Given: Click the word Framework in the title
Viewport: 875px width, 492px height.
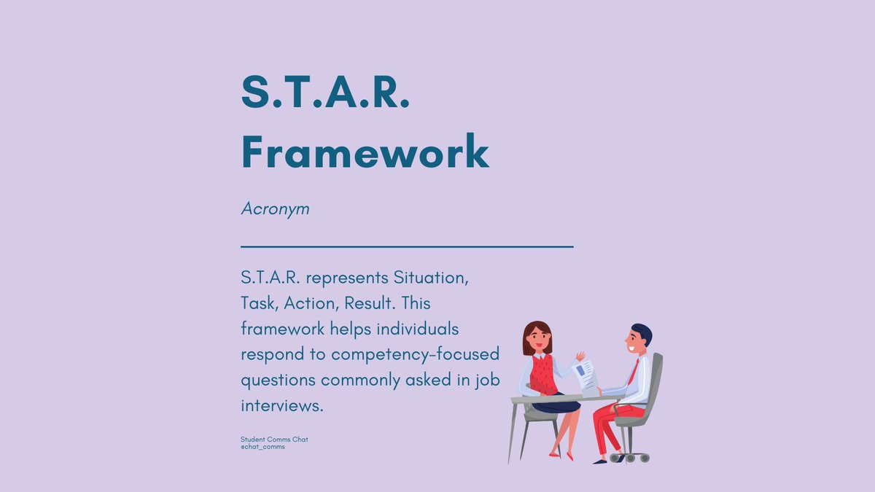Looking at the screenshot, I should click(365, 152).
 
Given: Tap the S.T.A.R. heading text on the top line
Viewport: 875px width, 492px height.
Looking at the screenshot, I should click(325, 93).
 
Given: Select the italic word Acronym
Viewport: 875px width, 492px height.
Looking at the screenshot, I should click(275, 209).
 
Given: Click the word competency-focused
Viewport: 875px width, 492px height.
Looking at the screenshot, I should click(415, 354).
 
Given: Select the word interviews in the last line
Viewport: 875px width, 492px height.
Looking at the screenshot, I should click(281, 406).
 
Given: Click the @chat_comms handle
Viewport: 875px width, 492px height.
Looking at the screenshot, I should click(262, 447).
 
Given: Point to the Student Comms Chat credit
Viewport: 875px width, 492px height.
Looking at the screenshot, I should click(274, 440).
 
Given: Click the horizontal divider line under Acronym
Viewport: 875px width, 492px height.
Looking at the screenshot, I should click(407, 247).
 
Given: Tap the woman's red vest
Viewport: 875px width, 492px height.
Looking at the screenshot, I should click(542, 373).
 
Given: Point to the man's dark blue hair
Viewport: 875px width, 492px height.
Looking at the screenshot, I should click(642, 332).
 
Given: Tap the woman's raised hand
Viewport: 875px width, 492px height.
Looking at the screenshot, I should click(580, 356).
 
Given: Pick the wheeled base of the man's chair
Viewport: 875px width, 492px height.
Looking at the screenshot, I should click(629, 456).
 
